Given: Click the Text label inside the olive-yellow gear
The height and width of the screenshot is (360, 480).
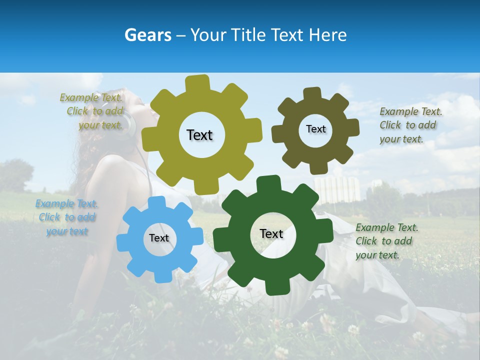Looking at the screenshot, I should (x=199, y=135).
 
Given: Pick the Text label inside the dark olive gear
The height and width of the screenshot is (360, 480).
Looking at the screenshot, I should (x=315, y=129).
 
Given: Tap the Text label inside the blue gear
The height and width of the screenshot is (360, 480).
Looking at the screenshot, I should (x=159, y=238).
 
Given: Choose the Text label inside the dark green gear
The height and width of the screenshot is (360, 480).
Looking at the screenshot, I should (x=271, y=233).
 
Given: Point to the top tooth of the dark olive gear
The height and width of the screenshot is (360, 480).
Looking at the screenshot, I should (x=312, y=93).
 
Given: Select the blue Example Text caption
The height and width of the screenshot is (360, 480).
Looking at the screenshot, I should (x=67, y=217).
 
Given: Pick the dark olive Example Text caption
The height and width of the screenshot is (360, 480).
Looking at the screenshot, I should (x=410, y=125).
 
